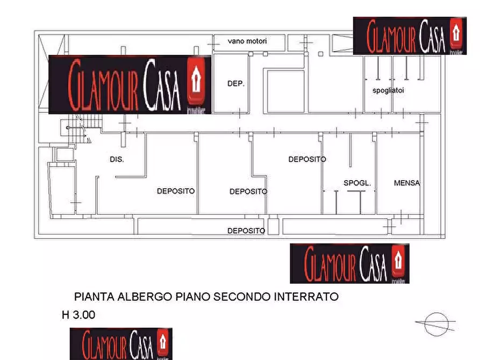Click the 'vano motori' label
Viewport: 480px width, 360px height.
[247, 41]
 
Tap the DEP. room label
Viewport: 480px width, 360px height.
[236, 84]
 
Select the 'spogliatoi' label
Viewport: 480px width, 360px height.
[388, 91]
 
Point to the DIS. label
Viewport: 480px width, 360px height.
[117, 160]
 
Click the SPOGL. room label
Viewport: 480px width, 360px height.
[357, 183]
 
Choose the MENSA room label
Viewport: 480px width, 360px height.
[406, 183]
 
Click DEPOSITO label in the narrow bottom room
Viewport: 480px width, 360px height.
[246, 231]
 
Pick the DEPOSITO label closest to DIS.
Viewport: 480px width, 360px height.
[175, 191]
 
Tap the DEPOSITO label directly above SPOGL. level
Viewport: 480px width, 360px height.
[307, 160]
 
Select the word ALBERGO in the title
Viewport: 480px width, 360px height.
[141, 297]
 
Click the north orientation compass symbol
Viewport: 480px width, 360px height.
[435, 324]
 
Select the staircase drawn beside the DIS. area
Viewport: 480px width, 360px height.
[77, 129]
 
